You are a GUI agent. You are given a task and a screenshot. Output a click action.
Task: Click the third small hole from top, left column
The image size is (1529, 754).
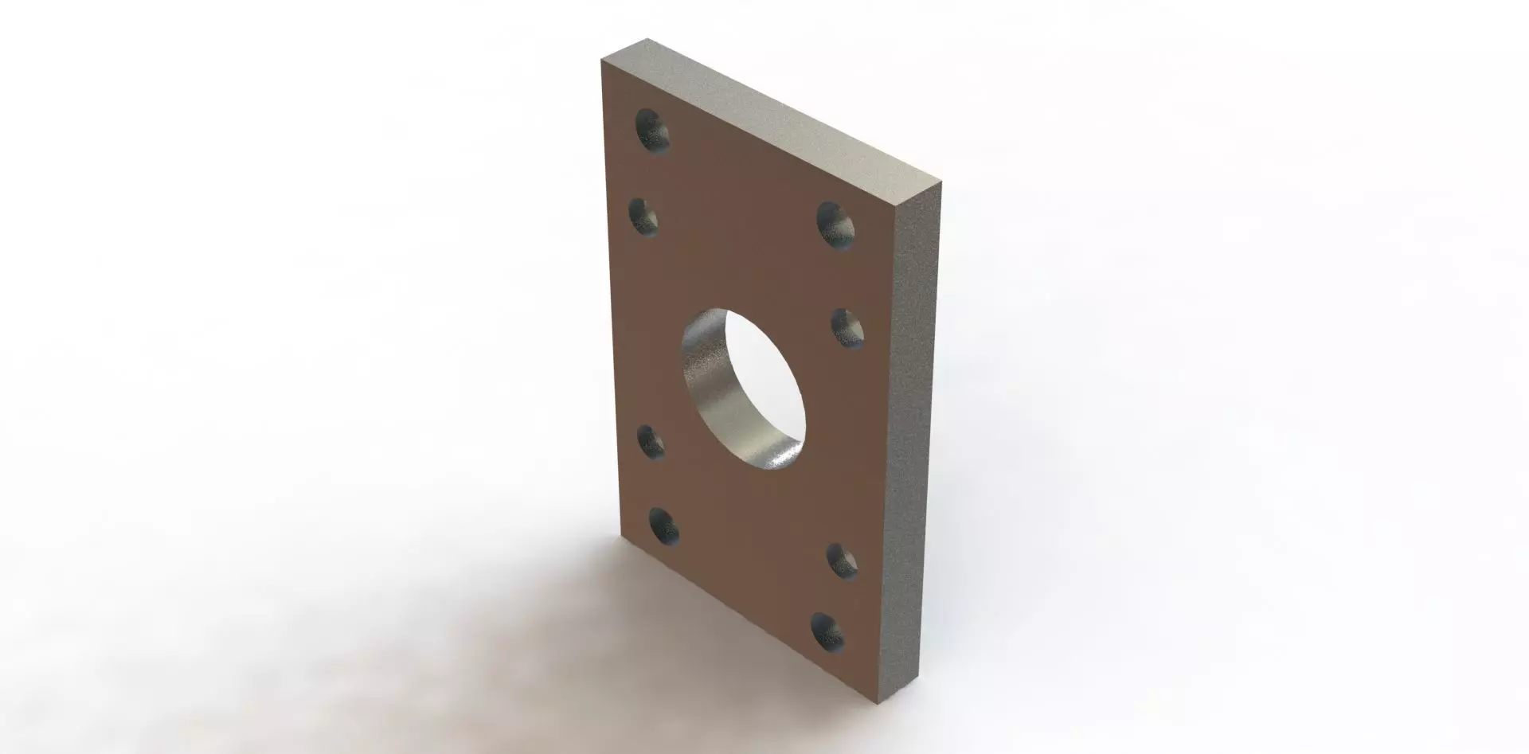652,442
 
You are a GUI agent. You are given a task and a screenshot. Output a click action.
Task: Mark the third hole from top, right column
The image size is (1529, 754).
843,561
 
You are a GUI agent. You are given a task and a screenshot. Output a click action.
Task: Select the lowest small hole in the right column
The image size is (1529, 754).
828,632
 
